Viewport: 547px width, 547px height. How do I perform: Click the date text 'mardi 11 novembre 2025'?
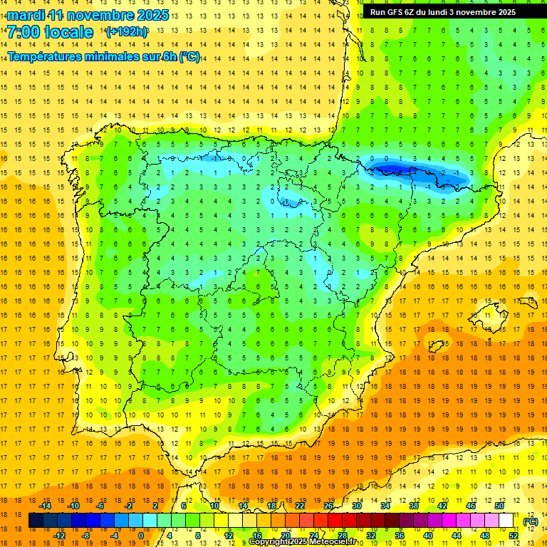point(88,15)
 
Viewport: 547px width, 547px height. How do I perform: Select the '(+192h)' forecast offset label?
point(127,32)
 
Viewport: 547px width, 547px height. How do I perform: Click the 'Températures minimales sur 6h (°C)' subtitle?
point(103,57)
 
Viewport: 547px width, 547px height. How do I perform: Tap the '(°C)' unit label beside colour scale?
point(530,521)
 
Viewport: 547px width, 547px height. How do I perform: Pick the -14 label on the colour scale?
point(46,506)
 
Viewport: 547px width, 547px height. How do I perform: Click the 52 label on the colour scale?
point(514,536)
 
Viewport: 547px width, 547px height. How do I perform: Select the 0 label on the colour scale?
point(141,536)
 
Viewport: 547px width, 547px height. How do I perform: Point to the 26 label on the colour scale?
point(328,506)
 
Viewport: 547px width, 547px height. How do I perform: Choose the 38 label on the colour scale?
point(414,506)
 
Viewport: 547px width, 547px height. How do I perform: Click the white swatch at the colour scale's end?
point(506,521)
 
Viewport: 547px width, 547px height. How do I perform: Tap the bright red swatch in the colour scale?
point(335,521)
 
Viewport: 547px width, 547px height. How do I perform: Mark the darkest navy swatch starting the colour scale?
point(36,521)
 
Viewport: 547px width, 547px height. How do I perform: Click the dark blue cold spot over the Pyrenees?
point(395,169)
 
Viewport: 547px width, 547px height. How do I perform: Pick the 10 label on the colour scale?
point(214,506)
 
